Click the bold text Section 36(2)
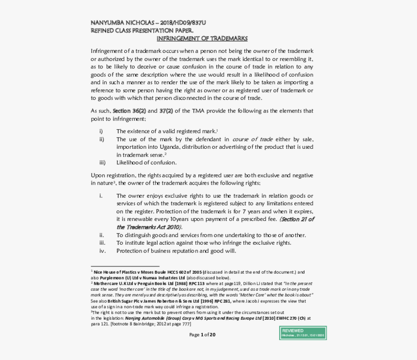pos(129,111)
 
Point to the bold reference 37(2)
pos(166,111)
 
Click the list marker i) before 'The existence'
pos(101,131)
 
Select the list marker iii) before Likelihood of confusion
pos(102,162)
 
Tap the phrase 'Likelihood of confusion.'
pos(146,162)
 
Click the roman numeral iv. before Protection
pos(102,250)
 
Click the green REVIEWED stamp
pos(303,333)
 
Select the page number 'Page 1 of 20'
pos(202,334)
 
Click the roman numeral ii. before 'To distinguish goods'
pos(102,235)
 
